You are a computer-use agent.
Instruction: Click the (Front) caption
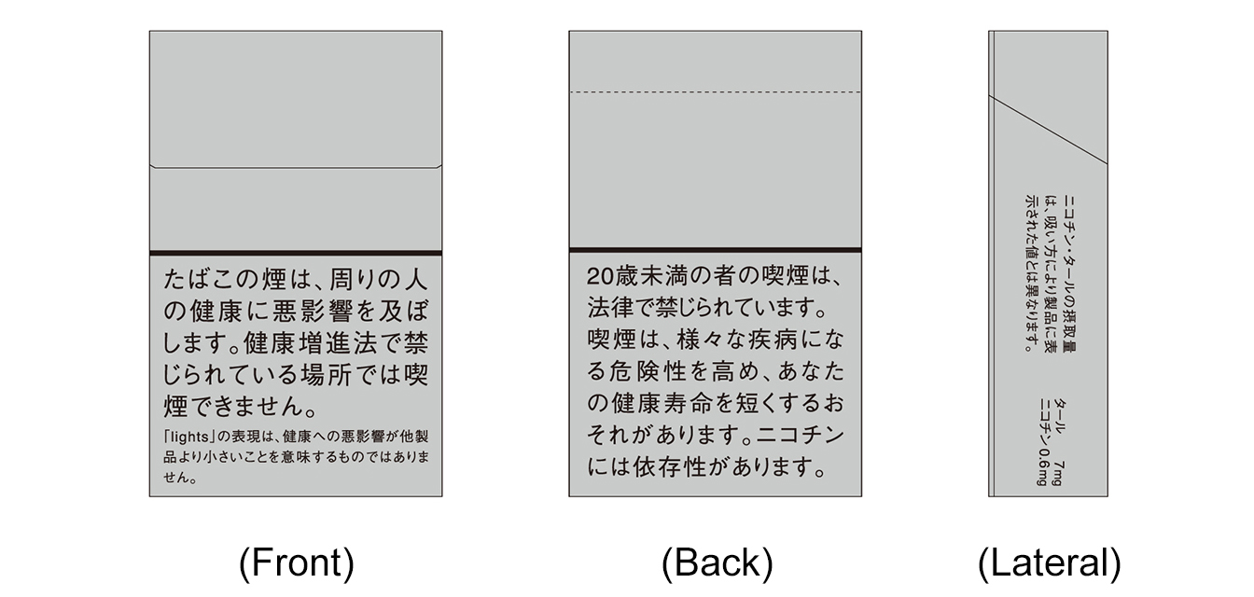pos(296,562)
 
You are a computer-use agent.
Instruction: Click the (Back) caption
pos(717,562)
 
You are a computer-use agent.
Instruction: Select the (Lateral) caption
pos(1049,562)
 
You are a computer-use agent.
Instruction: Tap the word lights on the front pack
pos(191,437)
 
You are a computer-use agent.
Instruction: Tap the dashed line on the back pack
pos(715,91)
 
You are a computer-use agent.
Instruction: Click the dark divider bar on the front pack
pos(295,253)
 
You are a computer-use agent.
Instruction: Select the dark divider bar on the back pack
pos(715,249)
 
